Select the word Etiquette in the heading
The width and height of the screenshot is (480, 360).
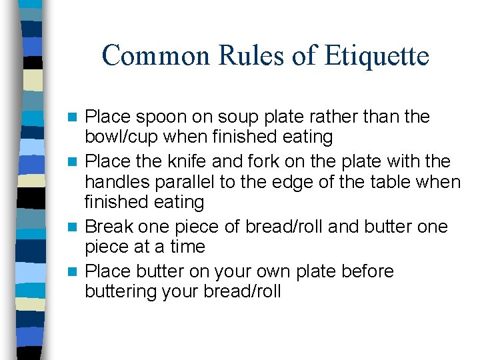(377, 55)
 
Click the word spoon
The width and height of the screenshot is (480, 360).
(156, 118)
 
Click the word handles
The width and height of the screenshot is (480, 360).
(117, 181)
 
